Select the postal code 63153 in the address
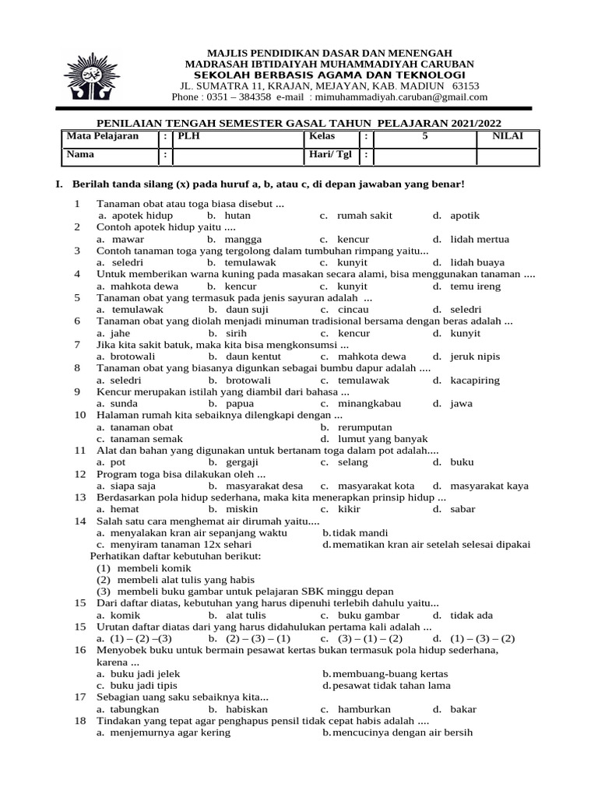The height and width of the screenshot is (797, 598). pos(466,86)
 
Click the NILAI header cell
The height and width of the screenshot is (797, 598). pos(506,136)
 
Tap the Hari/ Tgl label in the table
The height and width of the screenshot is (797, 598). pos(330,154)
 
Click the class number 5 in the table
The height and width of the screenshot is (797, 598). pos(424,136)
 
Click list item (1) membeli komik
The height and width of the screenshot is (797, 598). pos(139,568)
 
